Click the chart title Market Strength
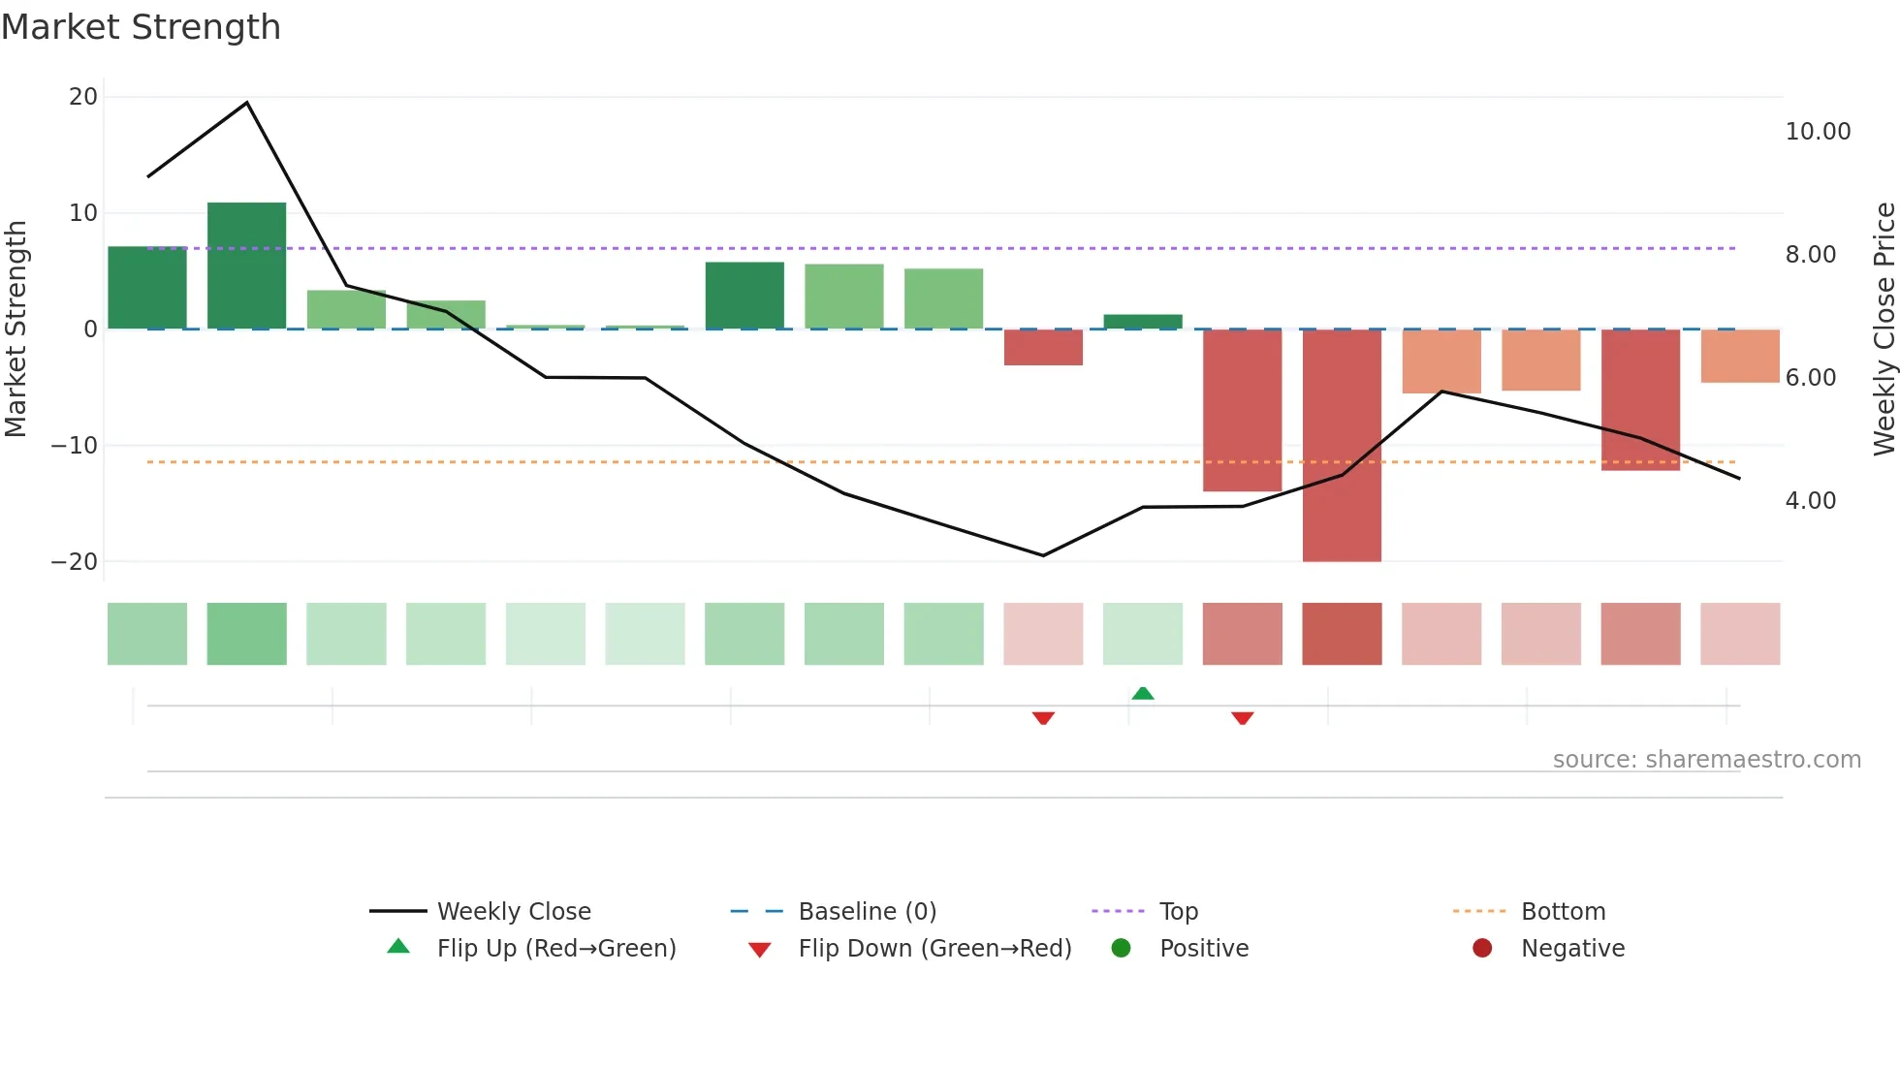click(141, 27)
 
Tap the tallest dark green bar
click(246, 266)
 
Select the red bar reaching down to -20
click(1342, 445)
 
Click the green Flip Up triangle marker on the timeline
click(1143, 693)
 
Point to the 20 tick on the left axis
click(83, 97)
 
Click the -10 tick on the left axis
click(75, 446)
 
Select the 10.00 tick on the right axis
click(1818, 132)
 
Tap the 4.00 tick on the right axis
click(1810, 501)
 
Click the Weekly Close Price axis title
click(1884, 329)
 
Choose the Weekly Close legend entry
click(513, 912)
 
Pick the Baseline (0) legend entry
click(867, 912)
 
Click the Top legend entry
click(1178, 912)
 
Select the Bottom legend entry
click(1563, 912)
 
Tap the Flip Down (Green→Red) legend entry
click(934, 949)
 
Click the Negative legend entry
click(1572, 949)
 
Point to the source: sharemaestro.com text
click(1706, 760)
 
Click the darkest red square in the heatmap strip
click(1342, 634)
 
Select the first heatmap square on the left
click(147, 634)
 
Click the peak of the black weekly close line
click(247, 103)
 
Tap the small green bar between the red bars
click(1143, 322)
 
